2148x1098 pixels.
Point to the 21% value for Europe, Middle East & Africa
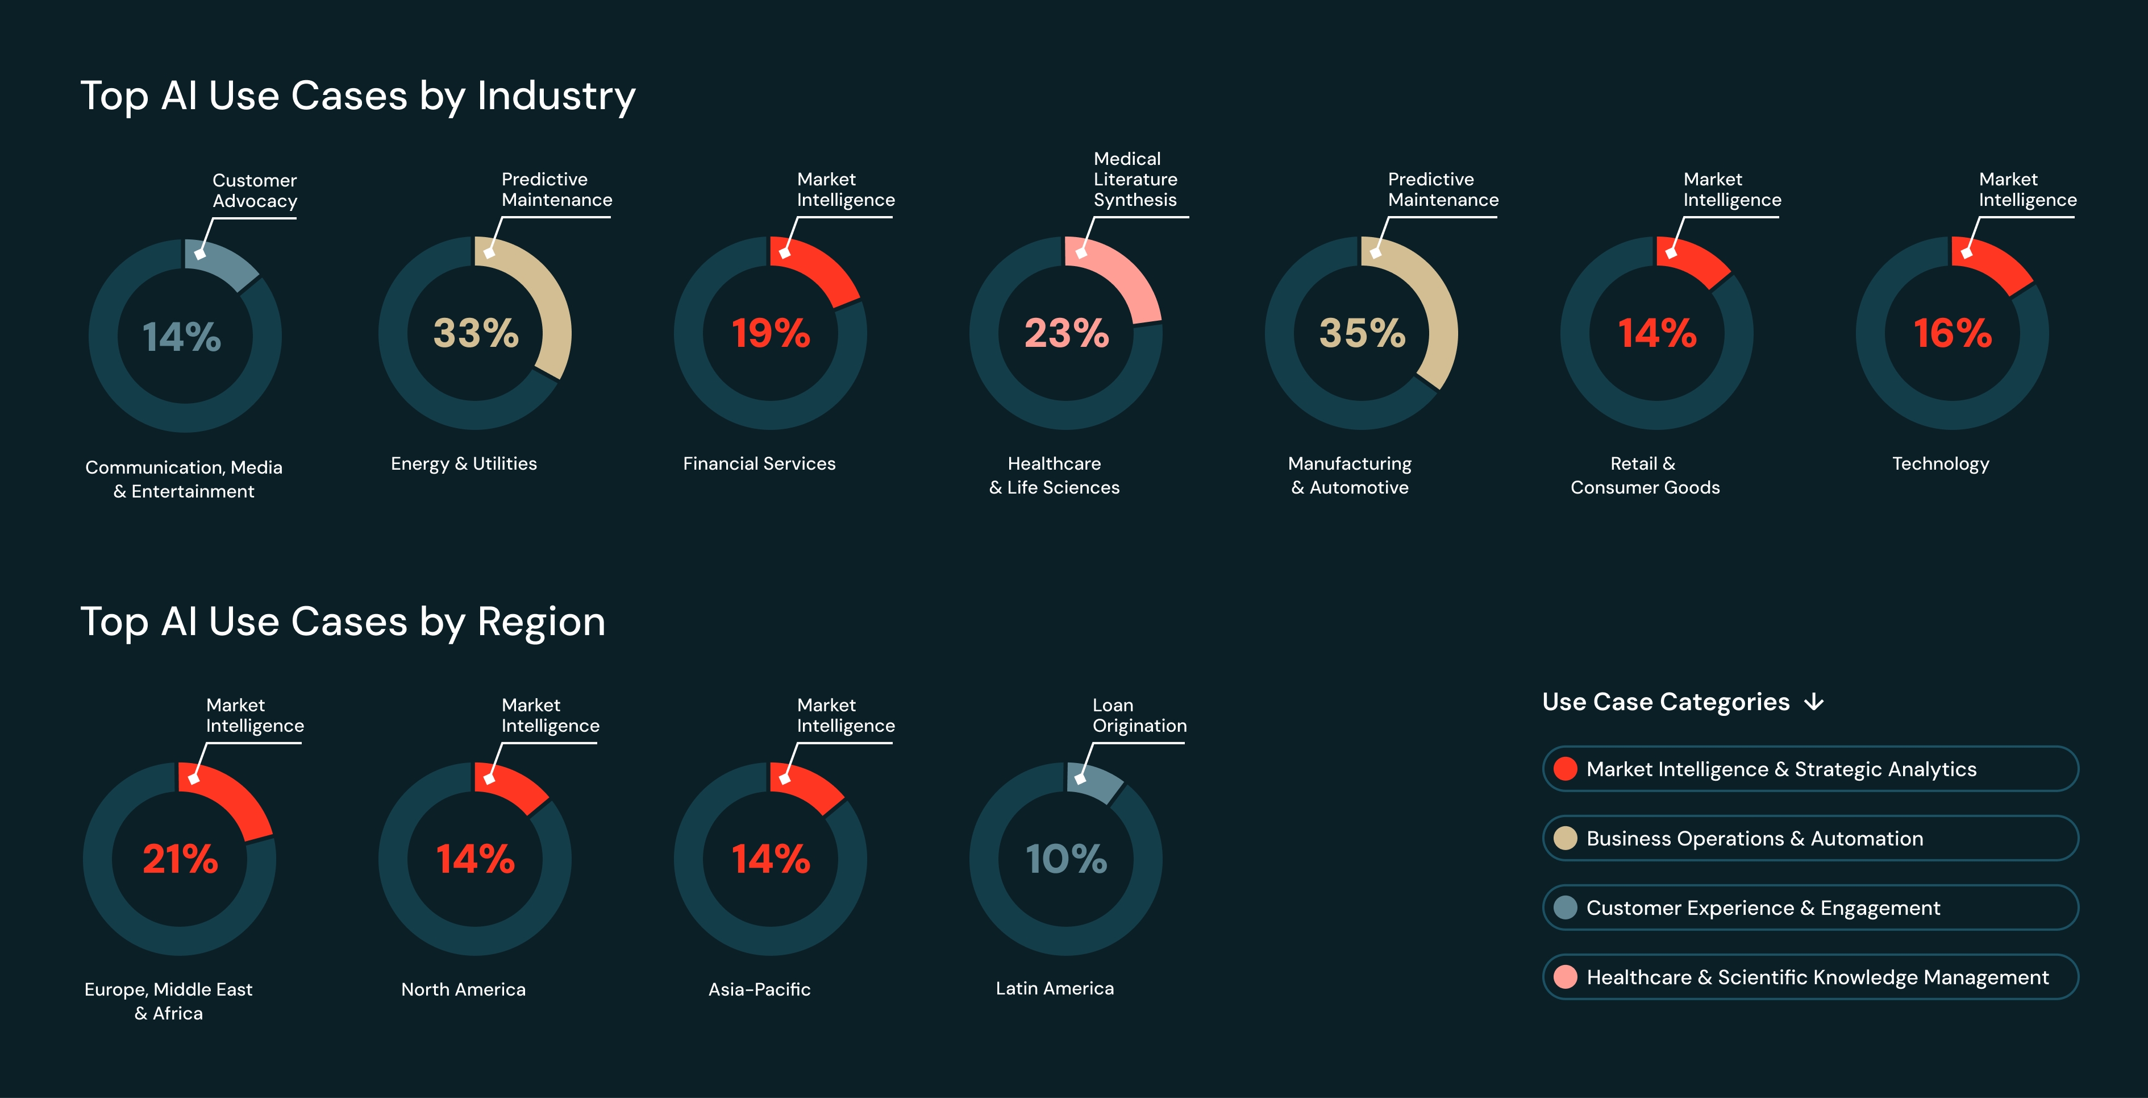tap(180, 859)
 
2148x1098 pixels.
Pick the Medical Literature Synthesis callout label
tap(1135, 179)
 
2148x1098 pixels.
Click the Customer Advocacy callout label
tap(255, 190)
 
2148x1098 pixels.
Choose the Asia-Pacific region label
tap(759, 989)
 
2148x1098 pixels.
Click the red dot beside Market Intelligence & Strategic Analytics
tap(1565, 768)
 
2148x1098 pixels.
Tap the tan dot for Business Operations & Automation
tap(1565, 838)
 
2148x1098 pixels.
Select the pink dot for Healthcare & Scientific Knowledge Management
tap(1565, 976)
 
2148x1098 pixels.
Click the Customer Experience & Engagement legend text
tap(1763, 908)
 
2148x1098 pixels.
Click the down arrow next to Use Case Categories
tap(1814, 702)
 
